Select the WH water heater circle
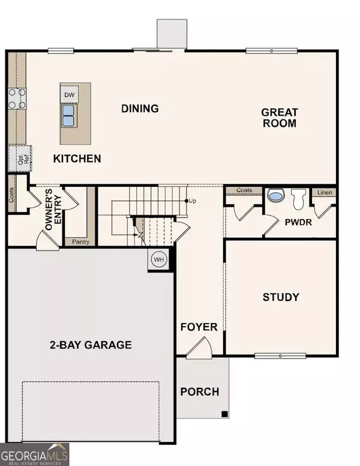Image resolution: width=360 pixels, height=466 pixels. click(x=158, y=259)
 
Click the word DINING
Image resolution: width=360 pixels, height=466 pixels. click(x=140, y=109)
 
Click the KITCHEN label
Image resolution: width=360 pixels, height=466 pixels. click(x=77, y=159)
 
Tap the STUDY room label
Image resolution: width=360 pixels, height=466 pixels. click(x=281, y=297)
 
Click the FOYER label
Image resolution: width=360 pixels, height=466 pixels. click(x=199, y=327)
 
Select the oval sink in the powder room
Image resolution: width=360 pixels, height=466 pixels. click(x=275, y=196)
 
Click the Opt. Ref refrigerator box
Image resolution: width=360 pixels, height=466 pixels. click(x=19, y=157)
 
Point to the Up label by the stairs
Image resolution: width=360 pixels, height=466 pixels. click(x=193, y=200)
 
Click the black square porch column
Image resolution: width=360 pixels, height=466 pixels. click(x=224, y=414)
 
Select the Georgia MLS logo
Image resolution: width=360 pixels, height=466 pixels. click(x=35, y=453)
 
